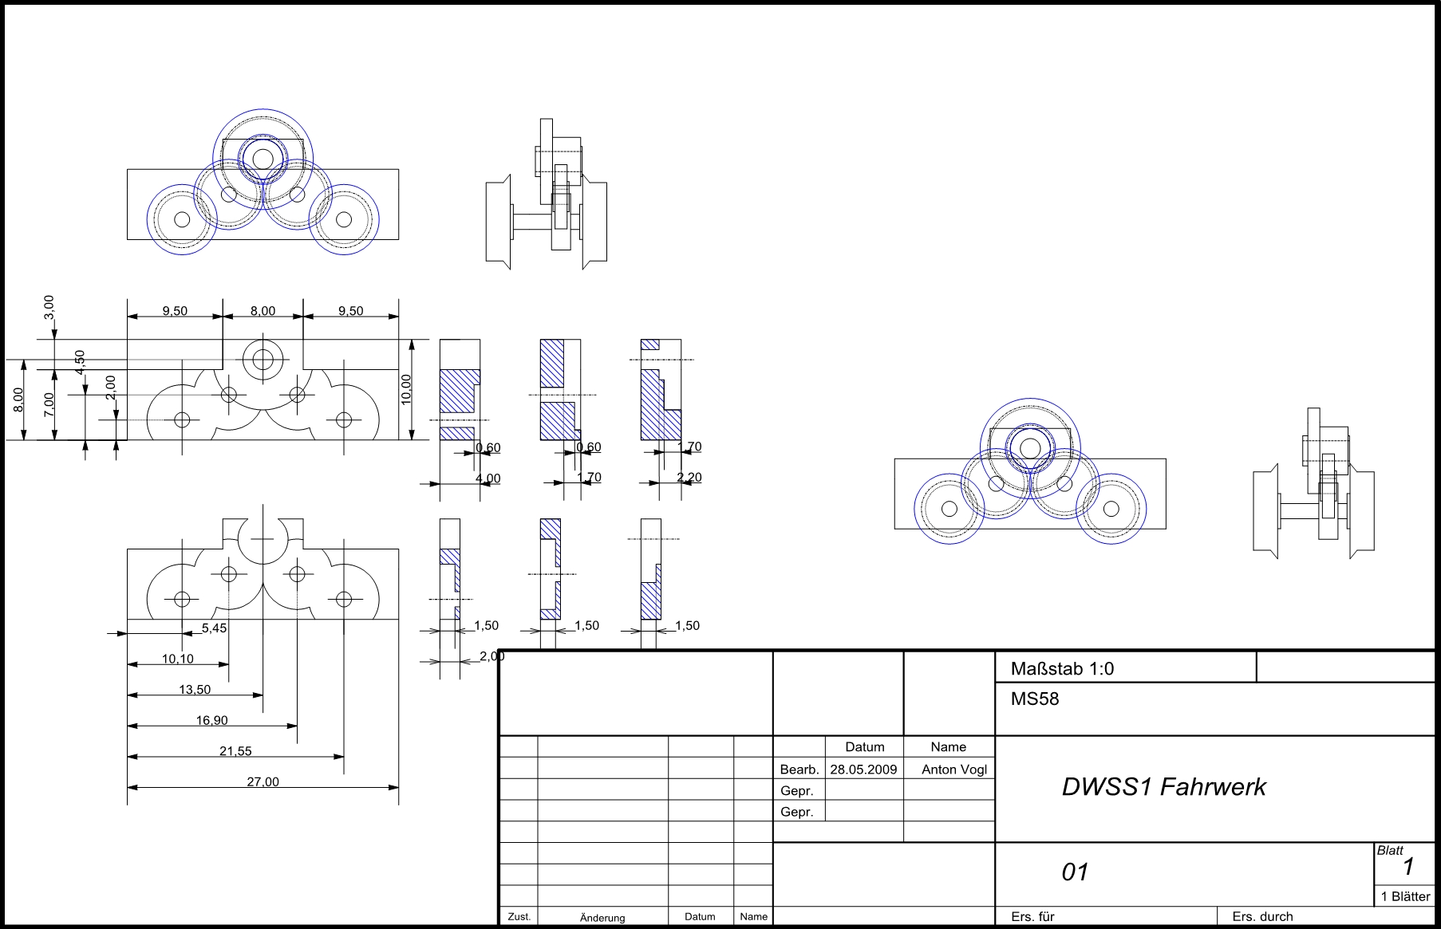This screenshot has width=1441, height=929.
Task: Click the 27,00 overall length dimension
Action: click(x=263, y=781)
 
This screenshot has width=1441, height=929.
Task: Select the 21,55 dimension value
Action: click(x=235, y=750)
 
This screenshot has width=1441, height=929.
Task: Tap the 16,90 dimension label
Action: click(x=212, y=720)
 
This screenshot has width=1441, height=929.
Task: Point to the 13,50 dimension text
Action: click(x=195, y=690)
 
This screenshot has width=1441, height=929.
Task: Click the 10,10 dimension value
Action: click(x=177, y=659)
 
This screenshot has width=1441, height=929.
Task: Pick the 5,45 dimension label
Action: click(x=214, y=628)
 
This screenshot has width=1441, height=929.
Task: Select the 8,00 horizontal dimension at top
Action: click(x=263, y=311)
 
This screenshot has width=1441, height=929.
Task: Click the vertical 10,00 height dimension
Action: click(x=406, y=389)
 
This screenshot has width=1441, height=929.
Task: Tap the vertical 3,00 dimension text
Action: click(x=49, y=305)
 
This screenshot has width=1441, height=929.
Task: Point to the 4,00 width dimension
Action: click(x=488, y=478)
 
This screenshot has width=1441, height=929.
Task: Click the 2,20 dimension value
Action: click(x=689, y=478)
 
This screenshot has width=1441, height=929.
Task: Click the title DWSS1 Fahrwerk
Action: click(x=1163, y=787)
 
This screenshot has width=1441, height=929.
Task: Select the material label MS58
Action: click(x=1035, y=699)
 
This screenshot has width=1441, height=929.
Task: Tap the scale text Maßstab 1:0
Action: click(x=1062, y=669)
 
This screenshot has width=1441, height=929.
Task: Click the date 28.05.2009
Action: click(x=863, y=770)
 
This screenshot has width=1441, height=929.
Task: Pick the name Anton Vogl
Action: click(x=953, y=770)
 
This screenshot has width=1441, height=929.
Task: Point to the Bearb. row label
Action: click(x=799, y=770)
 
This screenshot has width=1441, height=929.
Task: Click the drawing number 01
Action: click(x=1075, y=872)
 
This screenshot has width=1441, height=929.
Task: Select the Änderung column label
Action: click(x=602, y=917)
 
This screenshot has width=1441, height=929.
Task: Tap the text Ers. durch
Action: click(x=1262, y=916)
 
